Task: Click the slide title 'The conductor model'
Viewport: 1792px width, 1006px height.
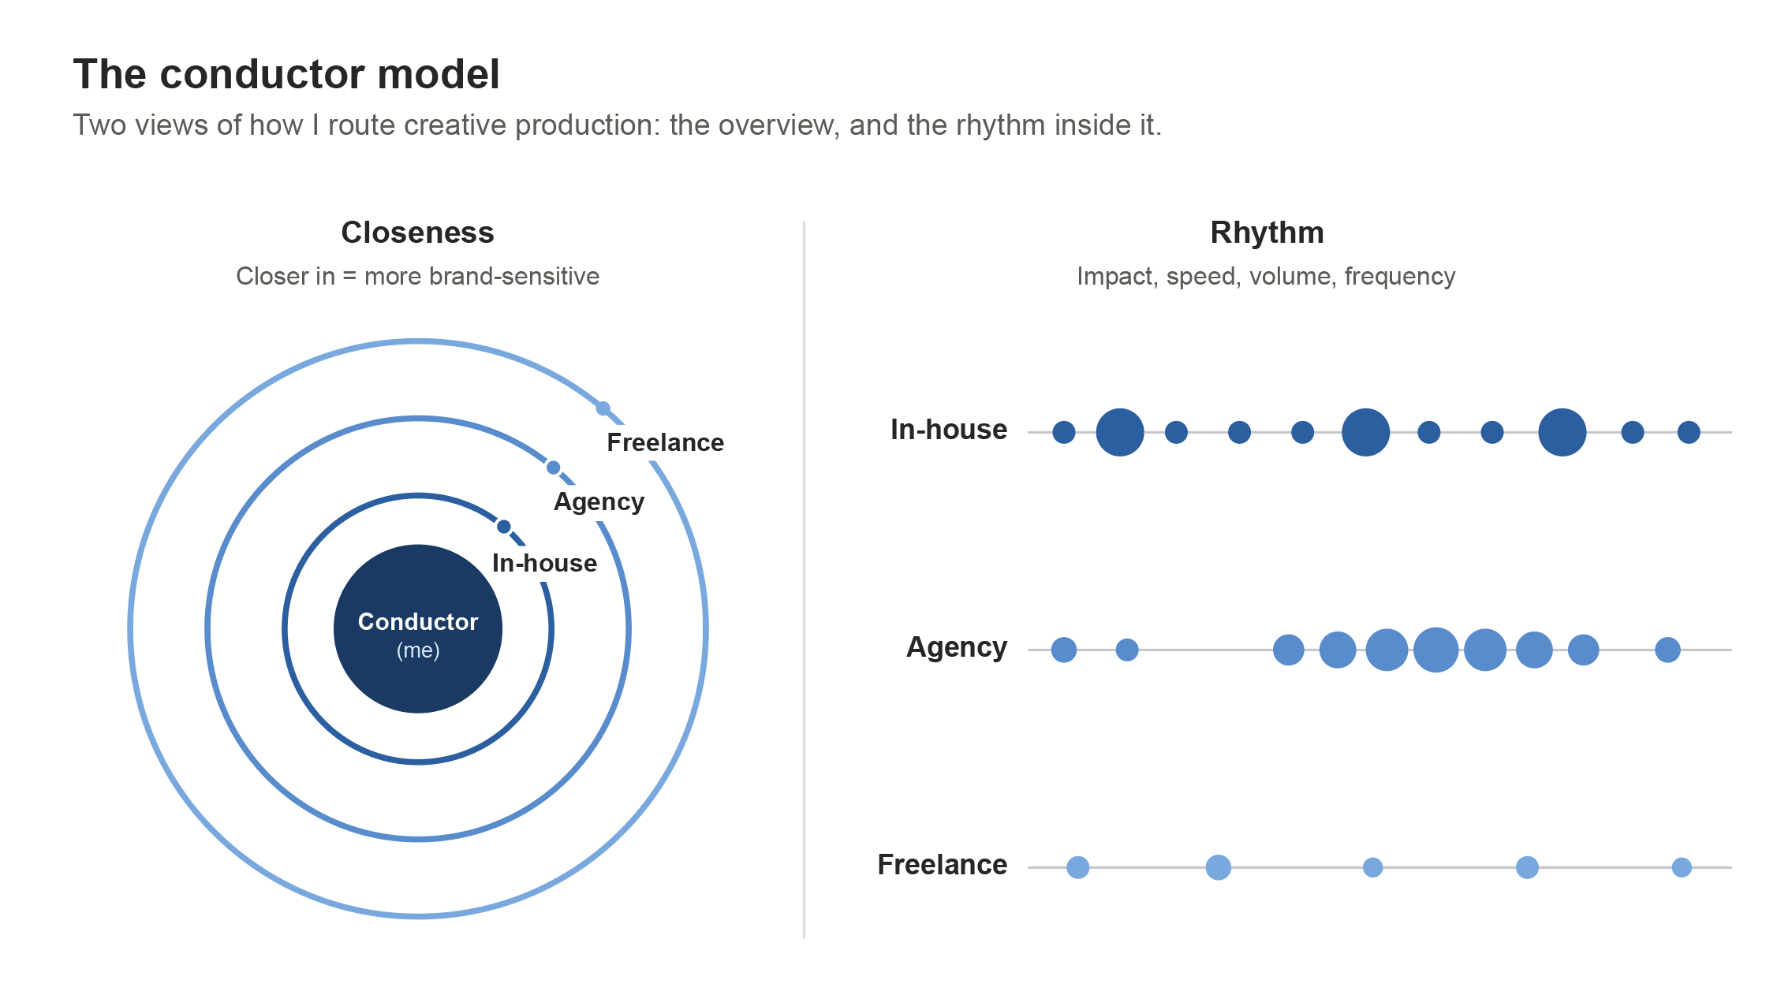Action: coord(286,75)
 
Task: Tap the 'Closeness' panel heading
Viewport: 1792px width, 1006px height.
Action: coord(417,233)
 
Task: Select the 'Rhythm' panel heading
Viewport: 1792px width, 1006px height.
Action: coord(1267,233)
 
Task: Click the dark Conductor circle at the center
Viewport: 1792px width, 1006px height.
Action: coord(418,629)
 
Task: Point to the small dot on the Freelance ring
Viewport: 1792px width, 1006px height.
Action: coord(603,408)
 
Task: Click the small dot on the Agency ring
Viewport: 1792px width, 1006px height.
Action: coord(554,468)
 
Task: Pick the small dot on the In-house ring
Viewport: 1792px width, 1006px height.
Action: coord(504,527)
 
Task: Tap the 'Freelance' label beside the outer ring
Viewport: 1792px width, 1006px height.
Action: coord(666,442)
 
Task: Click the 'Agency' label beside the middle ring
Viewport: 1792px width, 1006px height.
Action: coord(599,502)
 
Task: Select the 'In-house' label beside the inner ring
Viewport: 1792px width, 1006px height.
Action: coord(545,563)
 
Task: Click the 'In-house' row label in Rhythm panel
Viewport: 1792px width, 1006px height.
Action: coord(949,430)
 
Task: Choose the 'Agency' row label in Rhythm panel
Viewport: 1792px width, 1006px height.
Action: coord(957,647)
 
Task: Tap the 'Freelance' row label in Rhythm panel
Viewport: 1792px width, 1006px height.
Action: coord(943,865)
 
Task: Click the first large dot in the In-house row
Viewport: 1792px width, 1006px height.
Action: coord(1120,432)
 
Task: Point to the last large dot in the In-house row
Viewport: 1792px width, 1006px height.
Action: coord(1562,432)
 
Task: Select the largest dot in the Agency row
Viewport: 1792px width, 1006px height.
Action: coord(1436,650)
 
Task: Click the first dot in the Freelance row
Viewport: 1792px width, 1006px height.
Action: coord(1078,867)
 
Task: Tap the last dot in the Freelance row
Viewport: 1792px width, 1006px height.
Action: coord(1682,867)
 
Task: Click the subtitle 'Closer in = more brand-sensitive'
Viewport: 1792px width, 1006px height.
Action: coord(417,277)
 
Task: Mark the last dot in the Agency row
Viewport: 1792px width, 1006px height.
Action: coord(1667,650)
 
